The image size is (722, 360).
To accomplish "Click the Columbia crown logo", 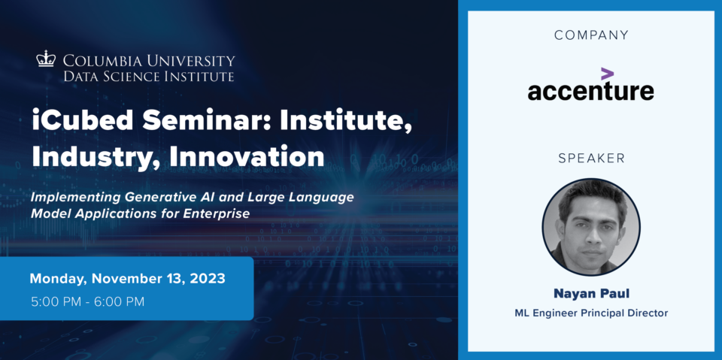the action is tap(46, 59).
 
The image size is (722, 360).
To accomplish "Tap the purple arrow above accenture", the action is tap(608, 74).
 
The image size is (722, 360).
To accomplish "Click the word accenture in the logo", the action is tap(591, 91).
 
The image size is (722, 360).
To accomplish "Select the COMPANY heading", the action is tap(591, 35).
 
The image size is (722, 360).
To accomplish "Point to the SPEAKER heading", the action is tap(591, 159).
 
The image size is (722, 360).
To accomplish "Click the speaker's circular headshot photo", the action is tap(591, 227).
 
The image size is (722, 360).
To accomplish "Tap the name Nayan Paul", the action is tap(591, 293).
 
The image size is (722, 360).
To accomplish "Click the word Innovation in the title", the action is tap(247, 156).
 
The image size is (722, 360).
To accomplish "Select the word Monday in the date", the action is tap(59, 279).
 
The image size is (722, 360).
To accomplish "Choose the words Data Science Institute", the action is tap(149, 76).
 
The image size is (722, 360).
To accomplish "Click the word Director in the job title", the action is tap(648, 313).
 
